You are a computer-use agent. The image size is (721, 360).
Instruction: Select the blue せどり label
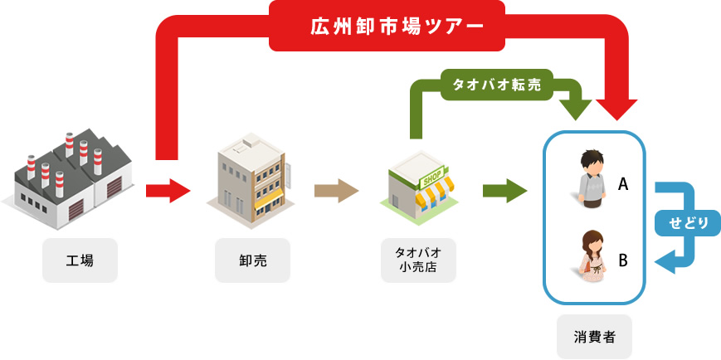tap(687, 223)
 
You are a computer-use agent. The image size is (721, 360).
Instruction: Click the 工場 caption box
tap(80, 260)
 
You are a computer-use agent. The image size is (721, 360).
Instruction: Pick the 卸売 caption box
tap(252, 260)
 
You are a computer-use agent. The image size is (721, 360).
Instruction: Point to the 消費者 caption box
tap(593, 336)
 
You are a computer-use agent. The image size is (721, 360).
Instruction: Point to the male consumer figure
tap(591, 177)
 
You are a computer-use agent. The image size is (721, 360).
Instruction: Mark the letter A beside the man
tap(623, 186)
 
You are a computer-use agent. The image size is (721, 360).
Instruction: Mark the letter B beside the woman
tap(623, 260)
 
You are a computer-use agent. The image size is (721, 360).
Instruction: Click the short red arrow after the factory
tap(168, 191)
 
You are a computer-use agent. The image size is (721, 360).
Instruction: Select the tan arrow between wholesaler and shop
tap(336, 191)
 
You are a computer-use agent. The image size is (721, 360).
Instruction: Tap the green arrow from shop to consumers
tap(504, 191)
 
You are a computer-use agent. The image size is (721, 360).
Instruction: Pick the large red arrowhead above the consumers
tap(616, 108)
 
